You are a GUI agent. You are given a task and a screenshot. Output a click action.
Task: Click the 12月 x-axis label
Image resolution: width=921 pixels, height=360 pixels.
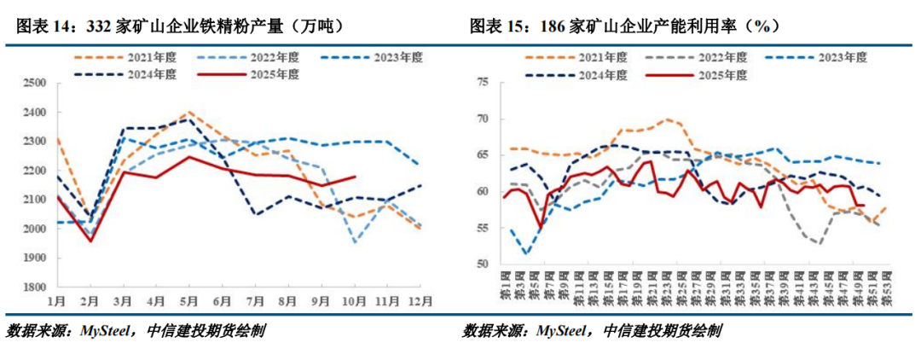[418, 301]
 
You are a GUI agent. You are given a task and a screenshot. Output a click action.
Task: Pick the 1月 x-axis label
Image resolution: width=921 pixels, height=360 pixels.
[57, 301]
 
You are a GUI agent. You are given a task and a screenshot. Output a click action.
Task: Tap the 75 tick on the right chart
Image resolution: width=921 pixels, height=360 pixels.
[482, 82]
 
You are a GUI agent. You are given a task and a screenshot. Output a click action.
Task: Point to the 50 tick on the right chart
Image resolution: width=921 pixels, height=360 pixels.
[482, 264]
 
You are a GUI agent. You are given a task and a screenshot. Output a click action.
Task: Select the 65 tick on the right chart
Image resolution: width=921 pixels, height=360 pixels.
[482, 155]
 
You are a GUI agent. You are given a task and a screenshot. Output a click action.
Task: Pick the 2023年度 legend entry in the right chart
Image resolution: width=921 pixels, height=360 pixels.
[841, 57]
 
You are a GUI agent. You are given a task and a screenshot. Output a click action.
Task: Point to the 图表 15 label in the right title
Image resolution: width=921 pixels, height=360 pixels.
[500, 26]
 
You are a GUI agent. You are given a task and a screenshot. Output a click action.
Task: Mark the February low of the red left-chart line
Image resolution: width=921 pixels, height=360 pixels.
[90, 241]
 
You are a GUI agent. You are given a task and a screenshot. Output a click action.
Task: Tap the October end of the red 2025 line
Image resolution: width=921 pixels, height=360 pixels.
[355, 177]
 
